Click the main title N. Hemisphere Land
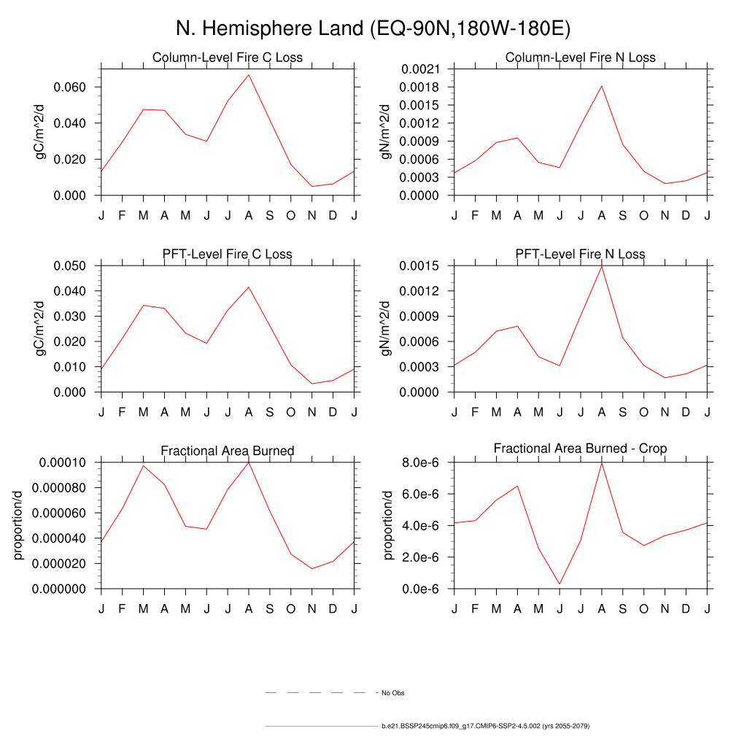[373, 28]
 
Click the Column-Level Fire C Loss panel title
[227, 58]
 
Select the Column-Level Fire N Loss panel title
[580, 58]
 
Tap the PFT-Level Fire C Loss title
[227, 255]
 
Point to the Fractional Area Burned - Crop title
[580, 448]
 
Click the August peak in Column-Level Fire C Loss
[249, 74]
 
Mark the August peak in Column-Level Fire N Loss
[602, 85]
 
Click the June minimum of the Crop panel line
[560, 584]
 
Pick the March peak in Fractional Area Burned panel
[143, 465]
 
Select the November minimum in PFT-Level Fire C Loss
[312, 384]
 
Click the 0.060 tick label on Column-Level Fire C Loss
[71, 87]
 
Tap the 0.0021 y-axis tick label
[421, 69]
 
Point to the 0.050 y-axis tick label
[71, 266]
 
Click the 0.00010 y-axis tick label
[64, 462]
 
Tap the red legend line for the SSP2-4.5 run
[321, 727]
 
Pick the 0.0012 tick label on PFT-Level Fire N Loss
[421, 291]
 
